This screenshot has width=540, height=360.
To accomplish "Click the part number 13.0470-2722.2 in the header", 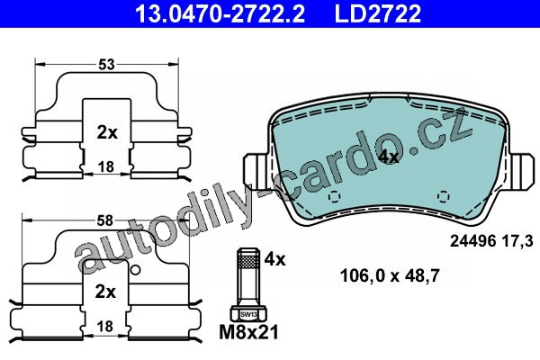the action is [220, 13].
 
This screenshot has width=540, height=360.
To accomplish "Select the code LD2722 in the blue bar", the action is [378, 13].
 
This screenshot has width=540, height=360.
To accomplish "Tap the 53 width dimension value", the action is [106, 65].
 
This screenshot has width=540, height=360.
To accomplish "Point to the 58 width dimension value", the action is [104, 220].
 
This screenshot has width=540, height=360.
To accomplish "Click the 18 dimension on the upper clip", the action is [106, 167].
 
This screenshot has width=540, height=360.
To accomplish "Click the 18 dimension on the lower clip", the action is [105, 326].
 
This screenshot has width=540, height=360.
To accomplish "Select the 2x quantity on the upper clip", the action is [107, 132].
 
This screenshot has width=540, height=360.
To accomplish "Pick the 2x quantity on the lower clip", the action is [105, 292].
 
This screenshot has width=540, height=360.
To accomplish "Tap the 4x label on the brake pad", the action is [388, 157].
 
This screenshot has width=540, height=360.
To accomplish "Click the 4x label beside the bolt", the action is [274, 259].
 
